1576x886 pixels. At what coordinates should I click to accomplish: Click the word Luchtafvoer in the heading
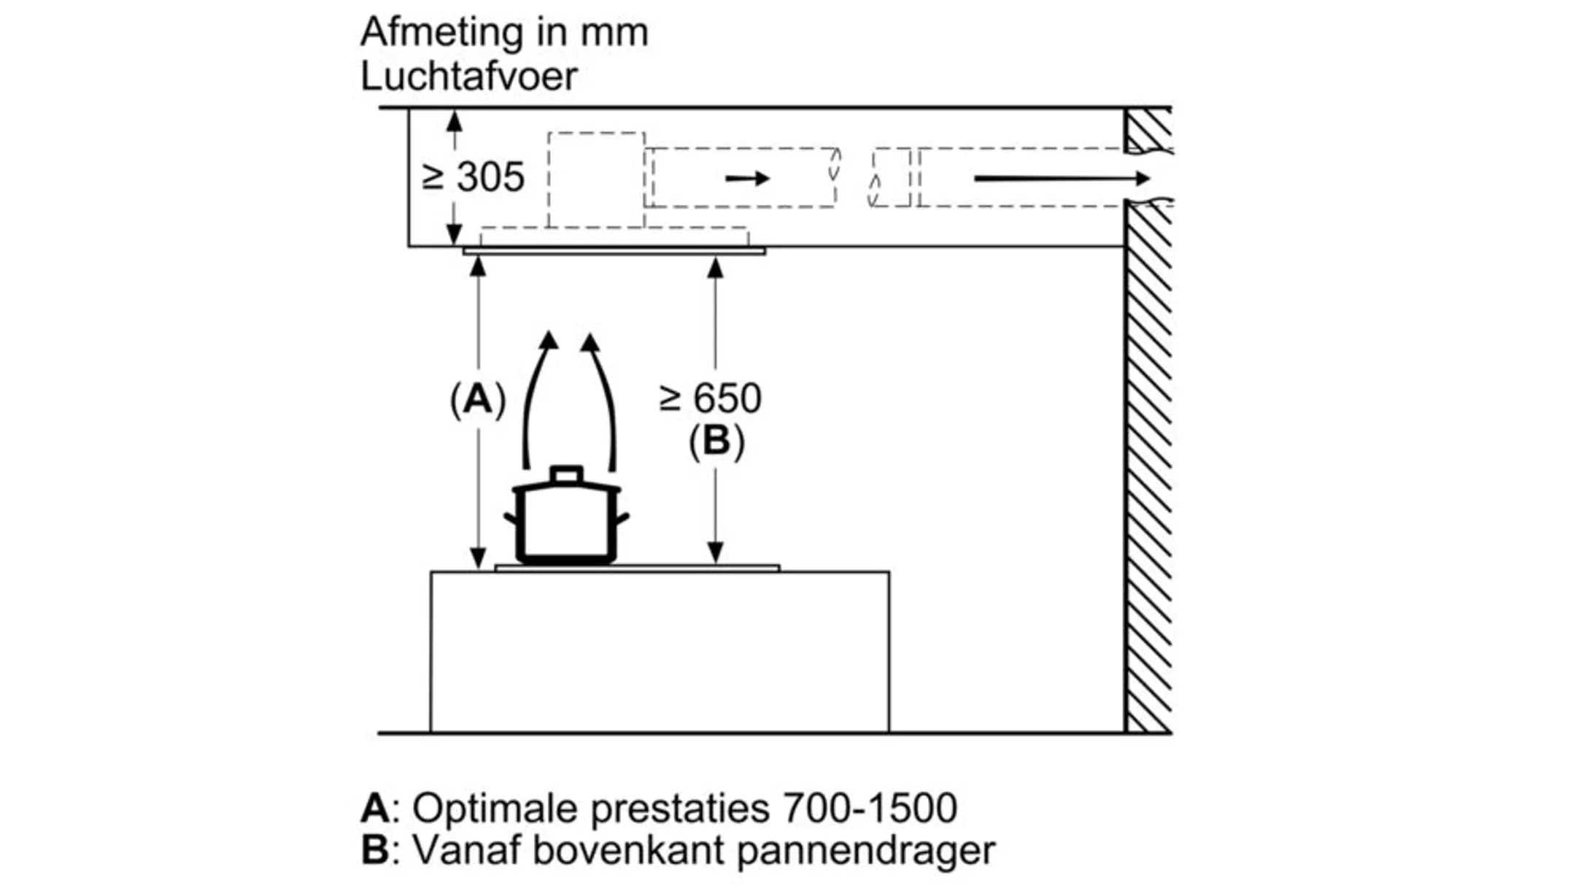click(468, 76)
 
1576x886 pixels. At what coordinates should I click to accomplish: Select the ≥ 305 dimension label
click(474, 177)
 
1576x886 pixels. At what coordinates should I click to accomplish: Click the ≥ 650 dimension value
click(710, 398)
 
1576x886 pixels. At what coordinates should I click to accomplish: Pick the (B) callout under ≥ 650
click(716, 442)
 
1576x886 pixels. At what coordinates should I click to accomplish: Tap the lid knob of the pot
click(567, 475)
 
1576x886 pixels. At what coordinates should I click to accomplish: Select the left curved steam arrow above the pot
click(536, 398)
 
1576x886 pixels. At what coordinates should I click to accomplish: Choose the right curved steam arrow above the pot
click(603, 398)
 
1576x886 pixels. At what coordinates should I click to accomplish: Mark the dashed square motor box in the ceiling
click(596, 180)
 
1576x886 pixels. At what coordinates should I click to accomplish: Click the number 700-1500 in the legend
click(868, 808)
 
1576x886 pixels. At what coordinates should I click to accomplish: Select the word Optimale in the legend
click(495, 808)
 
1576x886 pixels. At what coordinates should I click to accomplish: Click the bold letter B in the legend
click(375, 850)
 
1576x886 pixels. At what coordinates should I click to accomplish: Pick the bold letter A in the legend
click(375, 808)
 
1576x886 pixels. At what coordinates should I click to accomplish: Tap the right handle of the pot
click(622, 519)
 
